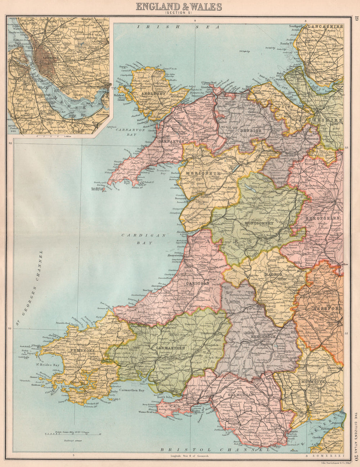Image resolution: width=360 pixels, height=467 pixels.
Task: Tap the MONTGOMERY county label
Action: pyautogui.click(x=259, y=223)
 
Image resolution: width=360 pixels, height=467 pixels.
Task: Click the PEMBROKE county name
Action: pyautogui.click(x=78, y=350)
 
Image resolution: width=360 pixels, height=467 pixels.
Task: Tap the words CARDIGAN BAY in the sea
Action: pyautogui.click(x=143, y=239)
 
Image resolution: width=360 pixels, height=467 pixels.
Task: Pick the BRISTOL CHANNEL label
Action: pyautogui.click(x=215, y=450)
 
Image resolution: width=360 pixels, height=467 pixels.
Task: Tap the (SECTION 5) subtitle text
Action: pyautogui.click(x=179, y=13)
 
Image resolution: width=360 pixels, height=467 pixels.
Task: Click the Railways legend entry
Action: pyautogui.click(x=69, y=440)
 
